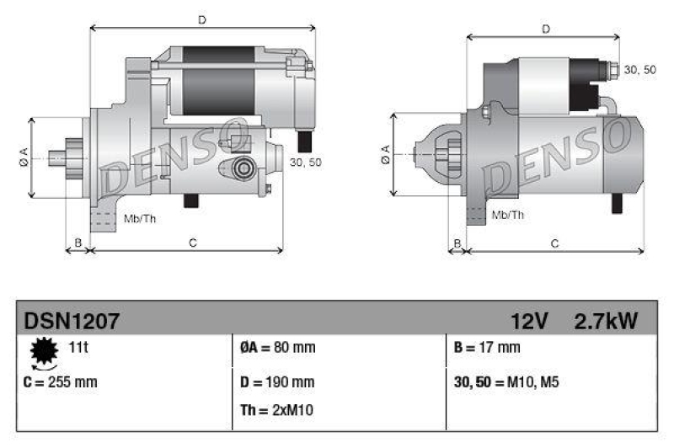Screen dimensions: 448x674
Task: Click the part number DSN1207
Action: pos(72,321)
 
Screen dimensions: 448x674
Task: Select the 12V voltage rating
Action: pos(529,321)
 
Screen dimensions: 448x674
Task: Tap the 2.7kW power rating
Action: pos(605,321)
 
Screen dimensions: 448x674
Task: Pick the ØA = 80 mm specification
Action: pos(276,347)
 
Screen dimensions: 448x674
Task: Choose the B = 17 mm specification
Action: pos(487,347)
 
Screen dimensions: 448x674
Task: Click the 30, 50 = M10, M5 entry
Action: pos(506,381)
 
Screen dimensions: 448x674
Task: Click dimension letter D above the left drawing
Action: pos(201,18)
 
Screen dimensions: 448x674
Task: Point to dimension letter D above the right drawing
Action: pos(546,29)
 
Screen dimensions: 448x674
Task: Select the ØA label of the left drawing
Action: pos(24,157)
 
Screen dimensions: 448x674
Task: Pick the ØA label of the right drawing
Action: pos(385,155)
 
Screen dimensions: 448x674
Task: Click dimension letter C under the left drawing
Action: pos(193,243)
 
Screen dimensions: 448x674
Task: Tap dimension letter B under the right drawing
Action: pos(457,243)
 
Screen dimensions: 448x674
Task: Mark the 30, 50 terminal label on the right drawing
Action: pos(640,70)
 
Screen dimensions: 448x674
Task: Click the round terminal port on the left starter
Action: pos(244,168)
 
